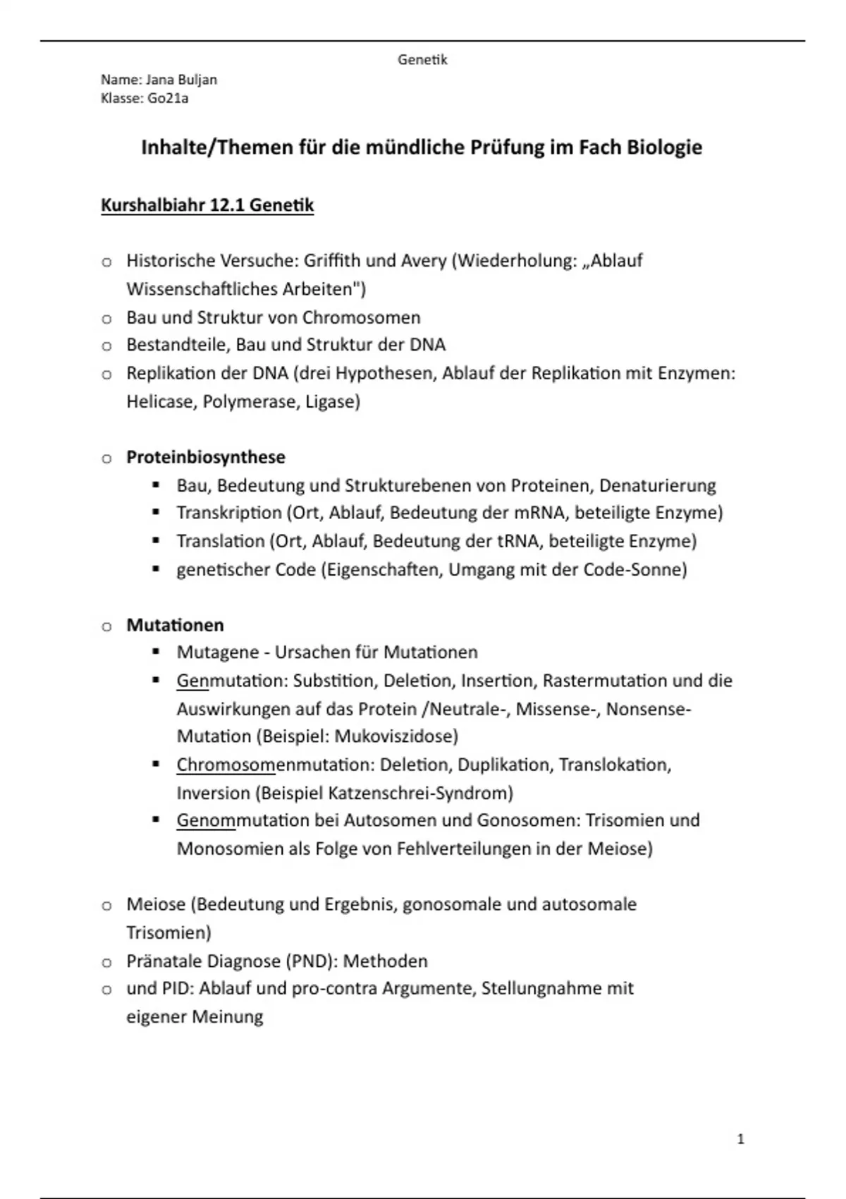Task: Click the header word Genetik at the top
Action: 422,60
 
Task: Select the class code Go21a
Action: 168,98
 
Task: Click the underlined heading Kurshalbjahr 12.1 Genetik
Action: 207,205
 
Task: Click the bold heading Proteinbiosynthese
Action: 206,457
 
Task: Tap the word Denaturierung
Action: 657,485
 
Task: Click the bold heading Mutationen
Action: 175,625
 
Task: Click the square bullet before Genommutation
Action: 156,820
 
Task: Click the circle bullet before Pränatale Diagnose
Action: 106,962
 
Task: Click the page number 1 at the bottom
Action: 740,1139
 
